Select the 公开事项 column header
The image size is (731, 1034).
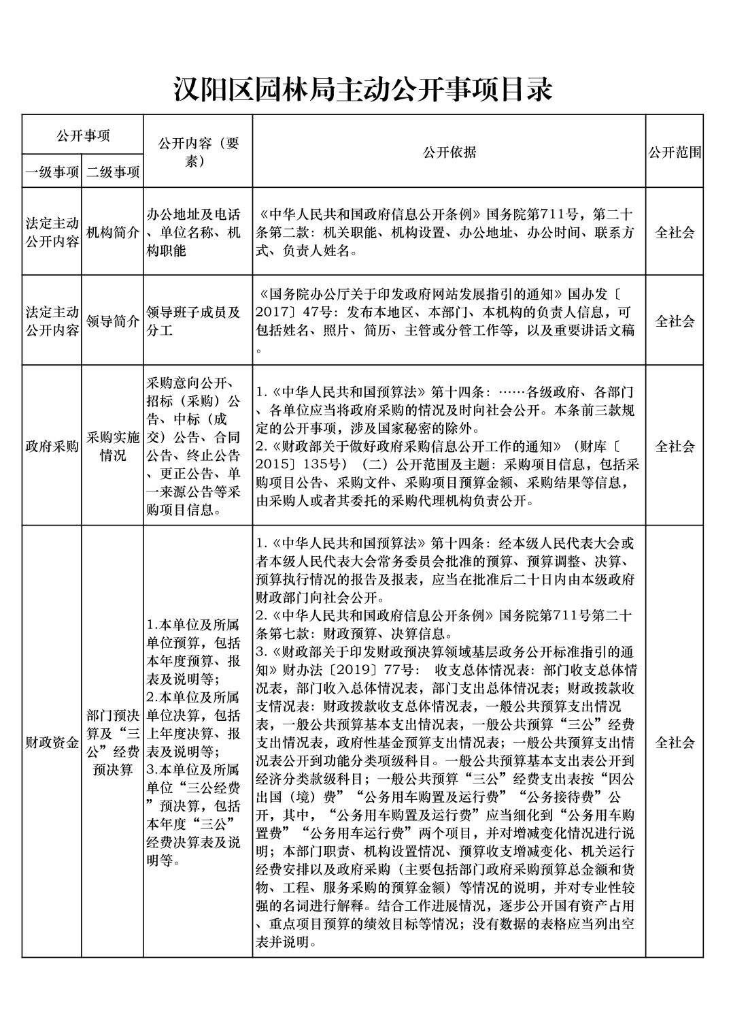pos(82,135)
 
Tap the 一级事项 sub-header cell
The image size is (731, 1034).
pos(52,172)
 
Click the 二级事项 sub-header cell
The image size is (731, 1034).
pos(112,172)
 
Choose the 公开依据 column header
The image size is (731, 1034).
pos(449,152)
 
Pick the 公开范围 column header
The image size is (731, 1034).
pos(674,152)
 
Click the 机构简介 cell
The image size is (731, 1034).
pos(112,232)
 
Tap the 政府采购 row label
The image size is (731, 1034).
pos(52,447)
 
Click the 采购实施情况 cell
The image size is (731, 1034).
pos(112,447)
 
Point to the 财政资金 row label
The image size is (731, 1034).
pos(52,742)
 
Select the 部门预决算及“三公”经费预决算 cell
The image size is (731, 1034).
pos(112,742)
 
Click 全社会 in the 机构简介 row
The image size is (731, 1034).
pos(674,232)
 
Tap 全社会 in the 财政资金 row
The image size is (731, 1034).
pos(674,742)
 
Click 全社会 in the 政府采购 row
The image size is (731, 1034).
pos(674,447)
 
